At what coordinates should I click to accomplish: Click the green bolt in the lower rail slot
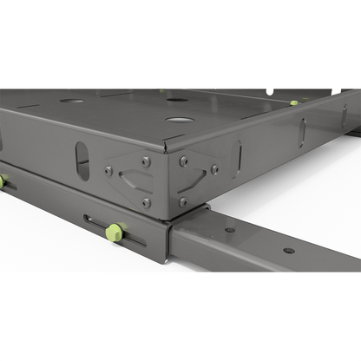113,233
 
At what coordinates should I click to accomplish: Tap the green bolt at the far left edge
2,181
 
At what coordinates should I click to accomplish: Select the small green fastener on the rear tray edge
294,102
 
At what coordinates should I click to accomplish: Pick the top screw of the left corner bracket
146,161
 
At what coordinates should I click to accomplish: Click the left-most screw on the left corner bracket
109,171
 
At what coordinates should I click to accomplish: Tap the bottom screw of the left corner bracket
147,202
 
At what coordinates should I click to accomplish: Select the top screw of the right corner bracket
183,161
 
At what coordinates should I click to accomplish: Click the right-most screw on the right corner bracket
214,170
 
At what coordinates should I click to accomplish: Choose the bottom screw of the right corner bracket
182,202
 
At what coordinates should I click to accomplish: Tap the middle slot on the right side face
302,133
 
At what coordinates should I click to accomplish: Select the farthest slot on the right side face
344,115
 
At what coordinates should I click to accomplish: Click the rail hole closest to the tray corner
230,230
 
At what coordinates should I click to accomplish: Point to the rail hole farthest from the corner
288,251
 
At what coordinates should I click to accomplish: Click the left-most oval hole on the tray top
72,101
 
